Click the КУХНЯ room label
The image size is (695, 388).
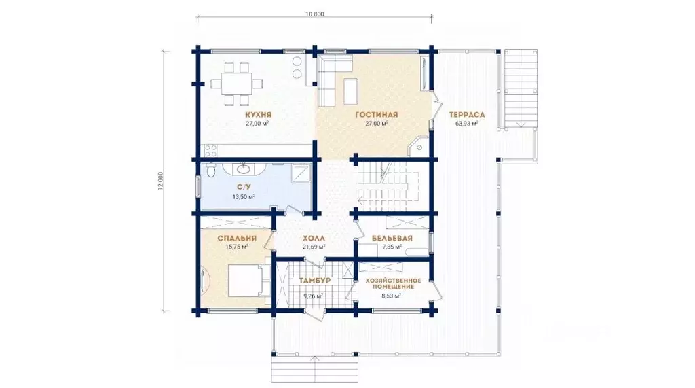[x=258, y=115]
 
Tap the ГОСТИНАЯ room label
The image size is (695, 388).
[x=377, y=115]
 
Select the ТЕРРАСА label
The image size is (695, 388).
[x=467, y=115]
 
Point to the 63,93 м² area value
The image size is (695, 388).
[x=467, y=124]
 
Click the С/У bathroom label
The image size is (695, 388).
[x=244, y=188]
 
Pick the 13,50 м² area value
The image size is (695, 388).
[x=244, y=196]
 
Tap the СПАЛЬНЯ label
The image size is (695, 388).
[x=237, y=239]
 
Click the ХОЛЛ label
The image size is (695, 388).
[x=314, y=239]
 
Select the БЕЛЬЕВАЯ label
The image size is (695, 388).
[x=392, y=239]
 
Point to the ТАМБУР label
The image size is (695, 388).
[x=314, y=281]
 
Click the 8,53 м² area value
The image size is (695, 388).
[x=392, y=295]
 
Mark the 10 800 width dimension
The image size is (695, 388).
[x=315, y=14]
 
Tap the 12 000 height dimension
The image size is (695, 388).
[x=160, y=181]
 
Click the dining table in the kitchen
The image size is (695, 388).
[x=236, y=84]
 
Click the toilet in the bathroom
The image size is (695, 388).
[x=210, y=170]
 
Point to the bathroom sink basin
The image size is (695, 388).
[x=244, y=169]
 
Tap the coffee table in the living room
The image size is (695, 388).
[x=351, y=90]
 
